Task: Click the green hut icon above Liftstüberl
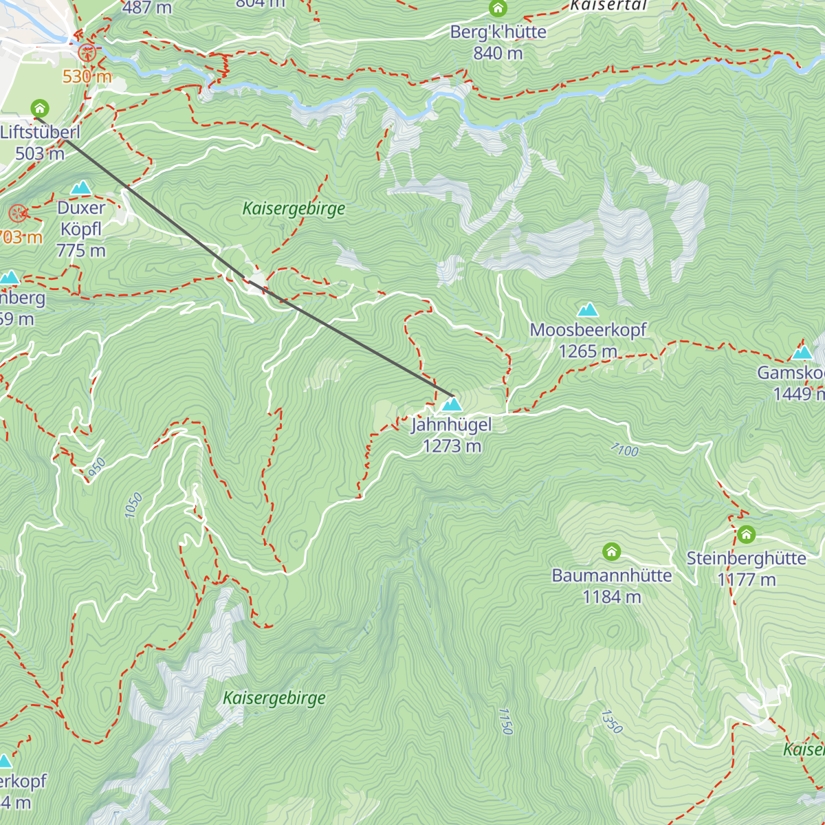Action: pos(40,108)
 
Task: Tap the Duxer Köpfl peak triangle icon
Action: pos(81,188)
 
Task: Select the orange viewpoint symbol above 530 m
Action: pos(87,52)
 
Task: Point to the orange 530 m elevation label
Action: pos(87,76)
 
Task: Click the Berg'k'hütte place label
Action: pos(498,32)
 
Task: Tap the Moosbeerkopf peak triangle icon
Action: pos(588,310)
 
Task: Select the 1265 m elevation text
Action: pos(588,351)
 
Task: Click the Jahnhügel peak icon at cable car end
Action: pos(452,404)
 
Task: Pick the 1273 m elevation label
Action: pos(452,446)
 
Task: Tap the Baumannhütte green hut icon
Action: pos(611,551)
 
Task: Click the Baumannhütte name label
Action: pos(611,575)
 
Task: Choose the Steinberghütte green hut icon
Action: pos(746,534)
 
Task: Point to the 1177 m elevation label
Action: pos(746,580)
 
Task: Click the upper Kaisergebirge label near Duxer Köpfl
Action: pos(294,208)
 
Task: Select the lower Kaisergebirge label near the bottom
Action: pos(274,698)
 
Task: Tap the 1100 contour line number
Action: pos(624,450)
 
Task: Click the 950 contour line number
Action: pos(97,465)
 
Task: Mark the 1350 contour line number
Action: pos(611,722)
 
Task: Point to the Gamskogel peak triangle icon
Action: pos(802,353)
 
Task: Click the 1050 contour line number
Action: pos(133,505)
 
